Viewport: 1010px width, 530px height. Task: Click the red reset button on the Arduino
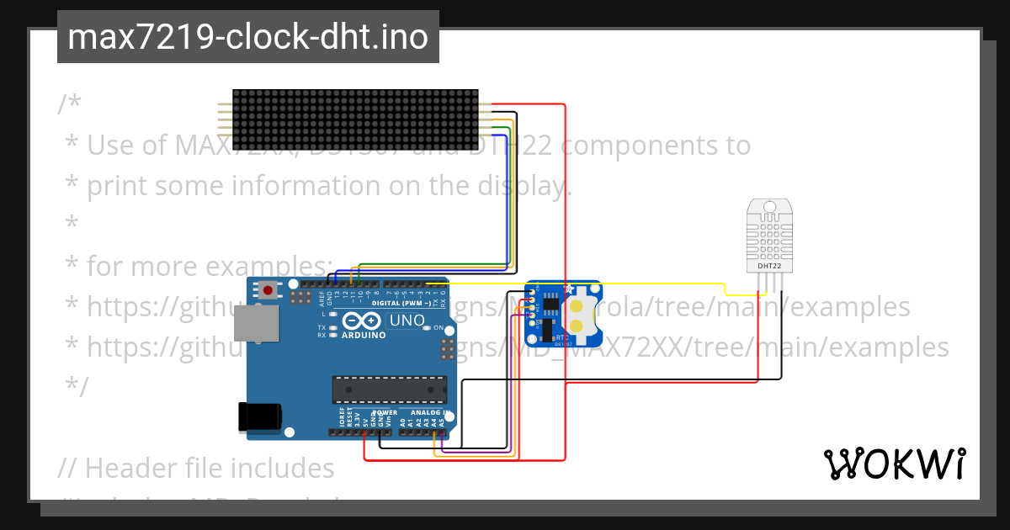coord(268,291)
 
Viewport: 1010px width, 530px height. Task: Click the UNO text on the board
coord(407,321)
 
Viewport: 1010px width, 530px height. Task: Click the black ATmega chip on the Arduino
coord(390,390)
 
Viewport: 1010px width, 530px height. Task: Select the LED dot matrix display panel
coord(355,119)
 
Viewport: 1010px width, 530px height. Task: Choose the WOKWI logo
coord(894,464)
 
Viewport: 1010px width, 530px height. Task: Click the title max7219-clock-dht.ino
coord(247,38)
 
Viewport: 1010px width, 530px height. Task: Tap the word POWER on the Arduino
coord(385,413)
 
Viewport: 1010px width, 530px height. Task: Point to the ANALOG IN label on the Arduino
coord(429,413)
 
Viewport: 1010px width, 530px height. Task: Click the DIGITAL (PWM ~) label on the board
coord(401,302)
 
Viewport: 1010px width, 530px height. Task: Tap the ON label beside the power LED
coord(439,327)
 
